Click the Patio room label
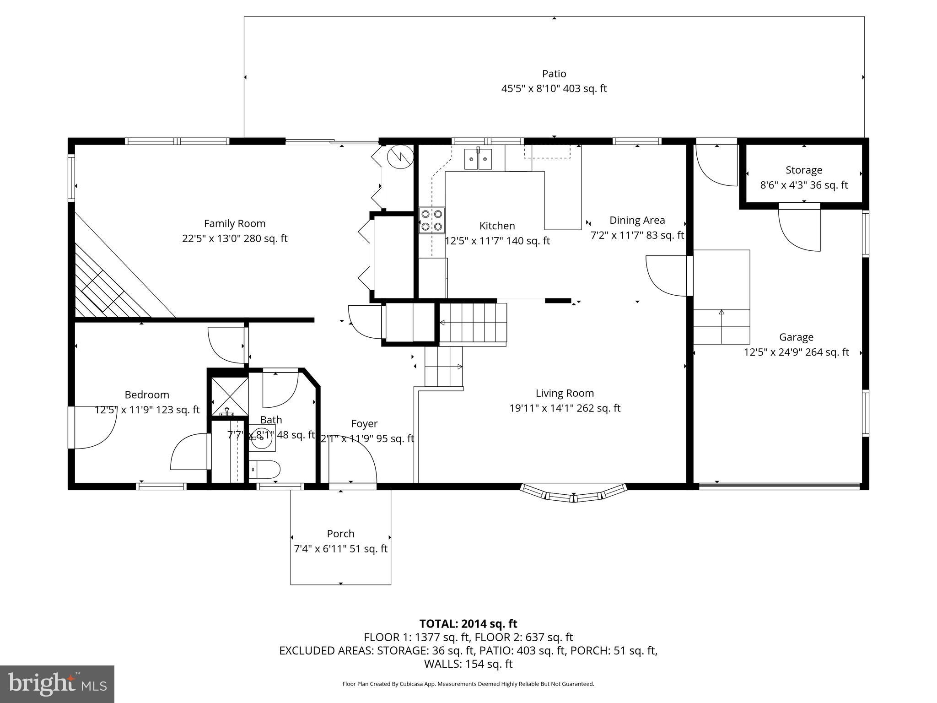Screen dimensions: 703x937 [554, 74]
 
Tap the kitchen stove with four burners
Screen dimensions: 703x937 [431, 220]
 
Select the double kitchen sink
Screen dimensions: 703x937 [478, 159]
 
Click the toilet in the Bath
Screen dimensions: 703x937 [266, 469]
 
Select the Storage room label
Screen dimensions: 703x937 [803, 170]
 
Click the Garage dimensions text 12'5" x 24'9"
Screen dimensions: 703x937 [796, 352]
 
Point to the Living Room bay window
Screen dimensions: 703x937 [573, 494]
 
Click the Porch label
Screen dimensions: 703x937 [340, 534]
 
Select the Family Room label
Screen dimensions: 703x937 [234, 223]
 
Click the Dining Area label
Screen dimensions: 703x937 [637, 220]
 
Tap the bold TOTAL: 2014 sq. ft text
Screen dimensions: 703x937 [468, 623]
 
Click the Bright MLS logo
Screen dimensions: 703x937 [57, 684]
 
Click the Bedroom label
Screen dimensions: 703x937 [147, 395]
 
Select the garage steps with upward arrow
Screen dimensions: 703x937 [722, 326]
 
